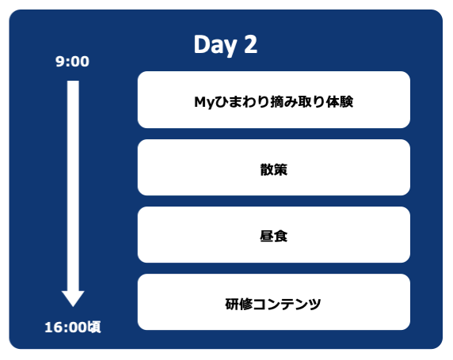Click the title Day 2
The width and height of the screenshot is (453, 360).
pos(225,45)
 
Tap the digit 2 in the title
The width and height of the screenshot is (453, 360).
pos(250,45)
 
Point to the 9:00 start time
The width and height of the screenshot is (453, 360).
pos(72,62)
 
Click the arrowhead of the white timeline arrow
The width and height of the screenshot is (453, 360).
pos(73,297)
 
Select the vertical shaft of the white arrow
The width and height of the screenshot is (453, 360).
pos(73,182)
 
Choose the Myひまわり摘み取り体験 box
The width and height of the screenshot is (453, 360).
pos(273,100)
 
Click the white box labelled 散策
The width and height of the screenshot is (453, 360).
pos(273,168)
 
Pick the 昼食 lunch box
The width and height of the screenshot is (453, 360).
pos(273,235)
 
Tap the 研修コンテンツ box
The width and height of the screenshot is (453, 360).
pos(273,302)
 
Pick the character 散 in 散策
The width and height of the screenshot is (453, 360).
pos(266,168)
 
